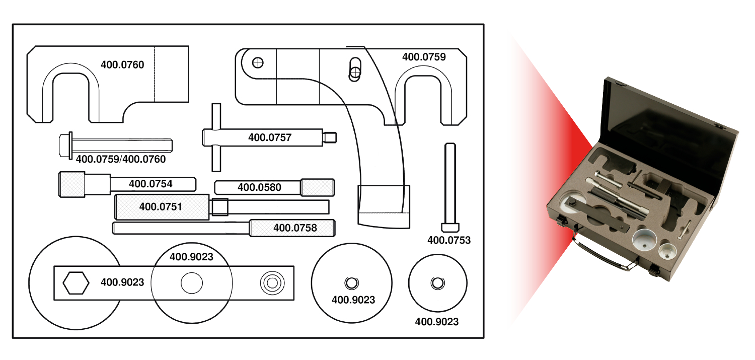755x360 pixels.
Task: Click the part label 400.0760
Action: [x=122, y=64]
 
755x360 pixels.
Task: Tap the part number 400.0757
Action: [x=270, y=137]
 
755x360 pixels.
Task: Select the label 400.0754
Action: [x=150, y=184]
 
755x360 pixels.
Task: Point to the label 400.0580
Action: [x=259, y=188]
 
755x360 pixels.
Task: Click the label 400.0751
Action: [x=161, y=206]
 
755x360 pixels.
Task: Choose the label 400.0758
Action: [x=295, y=228]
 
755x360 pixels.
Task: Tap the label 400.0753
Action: [x=449, y=240]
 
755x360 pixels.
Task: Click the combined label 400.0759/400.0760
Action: [x=121, y=159]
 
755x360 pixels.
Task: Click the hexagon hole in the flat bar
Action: [x=76, y=283]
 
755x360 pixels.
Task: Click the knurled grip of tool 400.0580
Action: [x=318, y=188]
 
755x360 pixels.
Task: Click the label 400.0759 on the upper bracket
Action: [x=424, y=57]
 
